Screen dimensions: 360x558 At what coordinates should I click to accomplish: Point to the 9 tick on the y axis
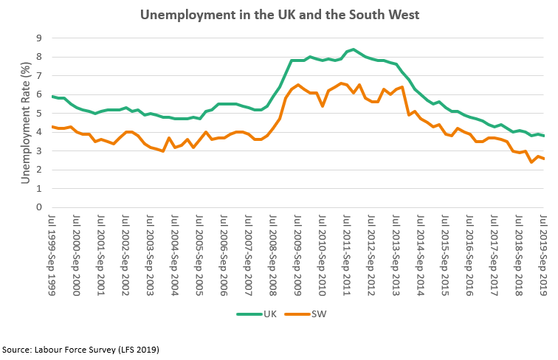38,38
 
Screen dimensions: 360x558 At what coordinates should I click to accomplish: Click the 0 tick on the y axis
38,207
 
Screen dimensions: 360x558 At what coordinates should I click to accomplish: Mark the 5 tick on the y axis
38,113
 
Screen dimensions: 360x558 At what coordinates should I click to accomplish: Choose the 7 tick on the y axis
38,75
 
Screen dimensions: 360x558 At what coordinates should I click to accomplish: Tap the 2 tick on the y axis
38,170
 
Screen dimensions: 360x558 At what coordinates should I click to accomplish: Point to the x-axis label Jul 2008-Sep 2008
273,255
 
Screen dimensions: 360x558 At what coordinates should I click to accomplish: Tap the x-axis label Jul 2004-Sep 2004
175,255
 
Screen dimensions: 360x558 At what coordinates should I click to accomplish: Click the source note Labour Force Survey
80,349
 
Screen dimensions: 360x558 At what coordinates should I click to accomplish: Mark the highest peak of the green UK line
354,49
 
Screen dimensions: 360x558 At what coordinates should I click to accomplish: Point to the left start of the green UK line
52,97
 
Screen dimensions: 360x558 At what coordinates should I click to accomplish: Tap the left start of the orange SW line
52,126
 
